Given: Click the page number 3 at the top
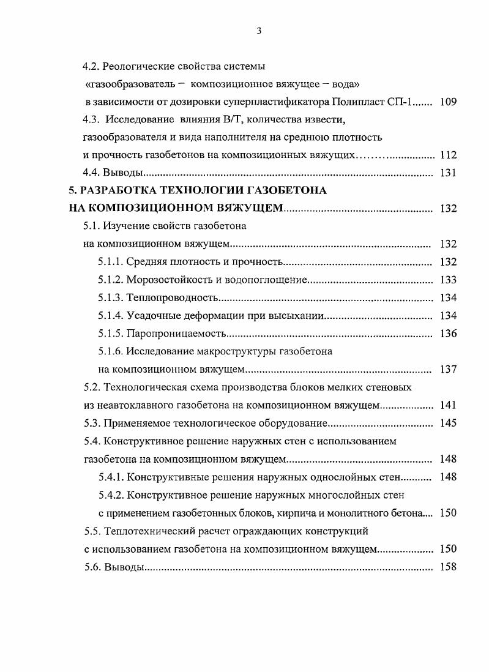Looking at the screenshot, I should [259, 32].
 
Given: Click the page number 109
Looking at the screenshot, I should [448, 102].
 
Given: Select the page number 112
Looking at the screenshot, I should [448, 155].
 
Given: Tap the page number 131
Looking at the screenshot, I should [448, 173].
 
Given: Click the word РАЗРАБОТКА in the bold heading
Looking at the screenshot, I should [116, 190].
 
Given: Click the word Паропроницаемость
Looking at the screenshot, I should [176, 334].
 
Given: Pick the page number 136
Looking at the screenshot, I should [448, 334].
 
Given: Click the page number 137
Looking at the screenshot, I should [448, 370].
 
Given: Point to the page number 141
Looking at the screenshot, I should [448, 405].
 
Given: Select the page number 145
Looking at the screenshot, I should [448, 423].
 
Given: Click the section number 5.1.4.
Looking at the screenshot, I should [110, 316].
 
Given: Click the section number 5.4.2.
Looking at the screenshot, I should [110, 495].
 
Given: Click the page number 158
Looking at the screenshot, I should [448, 567].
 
